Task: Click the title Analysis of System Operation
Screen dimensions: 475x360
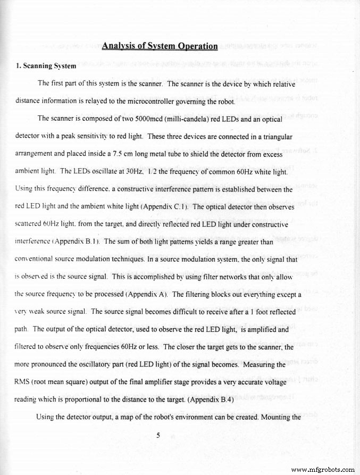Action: point(160,46)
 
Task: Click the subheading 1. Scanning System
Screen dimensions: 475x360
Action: point(46,67)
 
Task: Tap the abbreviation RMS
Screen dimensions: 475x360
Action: point(23,382)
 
